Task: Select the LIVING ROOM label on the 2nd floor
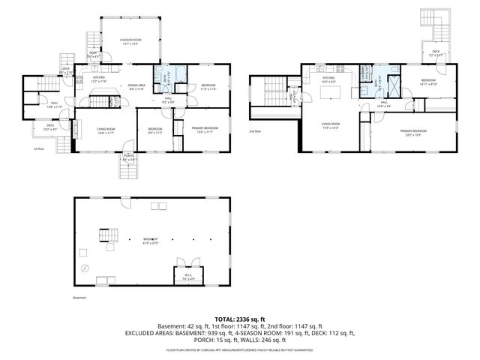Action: [x=331, y=126]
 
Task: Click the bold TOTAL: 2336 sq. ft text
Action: [x=239, y=319]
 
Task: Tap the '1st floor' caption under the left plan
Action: [x=39, y=148]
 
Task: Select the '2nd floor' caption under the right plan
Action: [x=256, y=132]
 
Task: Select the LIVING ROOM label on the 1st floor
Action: [x=105, y=130]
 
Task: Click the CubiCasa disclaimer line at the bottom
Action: [x=239, y=349]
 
